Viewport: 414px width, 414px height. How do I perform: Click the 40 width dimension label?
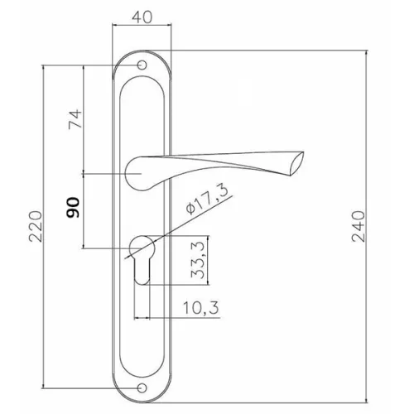click(142, 17)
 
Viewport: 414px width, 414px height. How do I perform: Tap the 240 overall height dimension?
click(359, 226)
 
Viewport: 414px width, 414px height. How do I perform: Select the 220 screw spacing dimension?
click(36, 226)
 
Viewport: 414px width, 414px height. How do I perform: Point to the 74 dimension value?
click(75, 119)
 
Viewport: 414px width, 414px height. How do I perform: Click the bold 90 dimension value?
click(73, 207)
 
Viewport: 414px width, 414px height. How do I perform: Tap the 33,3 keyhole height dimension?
click(198, 259)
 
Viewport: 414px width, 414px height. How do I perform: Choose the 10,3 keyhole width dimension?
click(201, 308)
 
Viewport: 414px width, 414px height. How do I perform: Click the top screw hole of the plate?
click(142, 65)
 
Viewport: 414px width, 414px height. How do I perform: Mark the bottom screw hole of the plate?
click(142, 388)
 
